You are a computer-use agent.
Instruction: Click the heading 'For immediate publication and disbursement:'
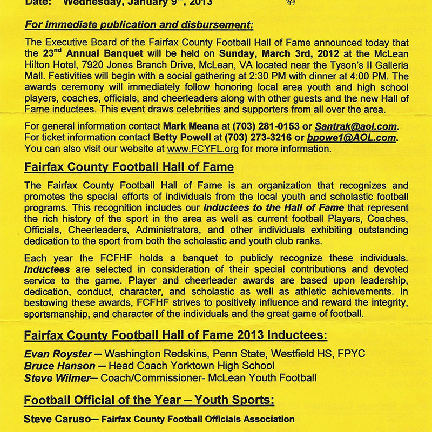[x=139, y=25]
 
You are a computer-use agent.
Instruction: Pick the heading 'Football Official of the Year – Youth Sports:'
[x=149, y=400]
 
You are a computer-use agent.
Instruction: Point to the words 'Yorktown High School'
[x=221, y=366]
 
